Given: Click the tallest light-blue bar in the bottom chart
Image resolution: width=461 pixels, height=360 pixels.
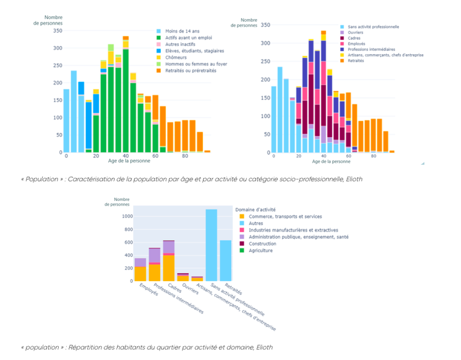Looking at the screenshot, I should tap(211, 245).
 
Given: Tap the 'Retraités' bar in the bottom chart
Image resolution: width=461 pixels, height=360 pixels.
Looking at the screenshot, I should tap(225, 260).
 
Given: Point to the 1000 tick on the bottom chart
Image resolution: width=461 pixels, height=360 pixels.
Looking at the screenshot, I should tap(127, 217).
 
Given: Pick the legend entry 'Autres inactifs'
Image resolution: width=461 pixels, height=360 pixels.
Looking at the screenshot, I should tap(180, 44).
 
